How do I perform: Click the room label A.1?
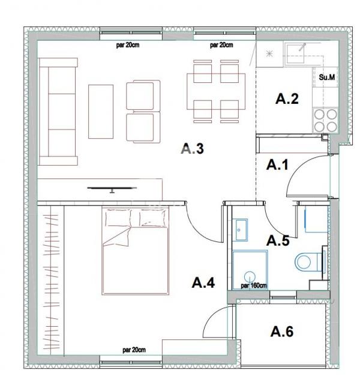coord(277,165)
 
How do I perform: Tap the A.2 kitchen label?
coord(287,99)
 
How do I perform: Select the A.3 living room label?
coord(193,148)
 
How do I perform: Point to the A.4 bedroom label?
coord(203,282)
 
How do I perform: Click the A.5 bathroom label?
coord(278,240)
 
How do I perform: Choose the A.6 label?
coord(282,332)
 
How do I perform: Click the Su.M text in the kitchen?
coord(327,77)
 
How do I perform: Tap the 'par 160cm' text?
coord(254,285)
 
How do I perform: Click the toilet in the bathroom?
coord(309,261)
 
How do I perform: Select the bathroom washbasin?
coord(241,229)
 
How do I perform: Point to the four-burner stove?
coord(326,121)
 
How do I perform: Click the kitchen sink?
coord(295,53)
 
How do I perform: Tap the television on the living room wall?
coord(112,189)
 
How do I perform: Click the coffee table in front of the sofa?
coord(101,112)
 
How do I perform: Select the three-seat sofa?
coord(58,112)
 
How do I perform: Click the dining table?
coord(216,92)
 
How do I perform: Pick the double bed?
coord(136,250)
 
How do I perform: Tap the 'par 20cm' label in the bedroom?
coord(134,350)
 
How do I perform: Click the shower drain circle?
coord(250,276)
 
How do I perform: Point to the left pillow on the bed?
coord(118,217)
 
